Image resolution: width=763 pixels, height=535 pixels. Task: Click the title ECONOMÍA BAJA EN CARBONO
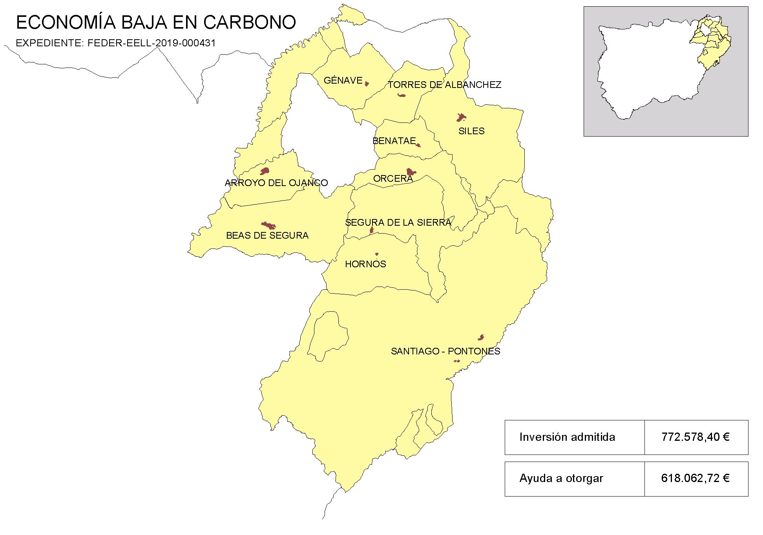click(x=156, y=22)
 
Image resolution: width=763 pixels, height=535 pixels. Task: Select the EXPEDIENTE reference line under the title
click(x=116, y=43)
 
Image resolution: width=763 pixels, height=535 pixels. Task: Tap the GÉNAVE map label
click(x=343, y=80)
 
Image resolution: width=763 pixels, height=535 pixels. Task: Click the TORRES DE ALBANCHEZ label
click(x=444, y=85)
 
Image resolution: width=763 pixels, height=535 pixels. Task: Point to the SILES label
click(x=471, y=131)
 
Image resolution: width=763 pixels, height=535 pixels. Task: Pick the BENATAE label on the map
click(x=394, y=141)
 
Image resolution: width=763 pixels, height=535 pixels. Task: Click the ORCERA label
click(x=393, y=179)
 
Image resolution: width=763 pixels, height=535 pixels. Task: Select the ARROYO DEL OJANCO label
click(x=276, y=183)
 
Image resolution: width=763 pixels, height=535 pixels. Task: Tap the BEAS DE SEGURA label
click(x=267, y=236)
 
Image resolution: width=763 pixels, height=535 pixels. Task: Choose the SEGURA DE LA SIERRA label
click(x=398, y=223)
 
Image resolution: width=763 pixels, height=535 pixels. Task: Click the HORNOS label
click(x=365, y=264)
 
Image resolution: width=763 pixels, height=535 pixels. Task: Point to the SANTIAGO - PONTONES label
click(x=445, y=351)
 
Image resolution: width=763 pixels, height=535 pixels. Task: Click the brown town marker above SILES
click(x=461, y=117)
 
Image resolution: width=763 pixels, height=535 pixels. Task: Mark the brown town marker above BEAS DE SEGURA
click(x=269, y=225)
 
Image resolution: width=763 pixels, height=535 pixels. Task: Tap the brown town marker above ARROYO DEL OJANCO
click(x=265, y=171)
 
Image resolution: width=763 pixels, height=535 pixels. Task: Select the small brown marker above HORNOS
click(x=377, y=254)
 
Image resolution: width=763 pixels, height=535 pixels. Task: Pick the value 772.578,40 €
click(x=695, y=437)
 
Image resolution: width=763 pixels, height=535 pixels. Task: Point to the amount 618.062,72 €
click(x=695, y=478)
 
